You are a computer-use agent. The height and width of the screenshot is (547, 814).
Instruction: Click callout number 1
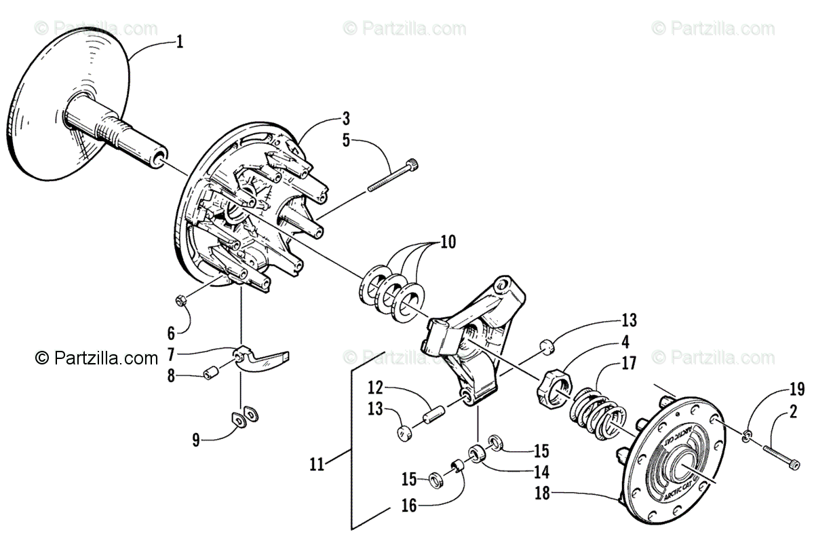[x=179, y=42]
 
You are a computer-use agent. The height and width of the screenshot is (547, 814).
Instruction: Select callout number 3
[x=346, y=120]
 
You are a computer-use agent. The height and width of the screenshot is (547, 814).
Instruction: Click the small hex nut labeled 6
[x=181, y=299]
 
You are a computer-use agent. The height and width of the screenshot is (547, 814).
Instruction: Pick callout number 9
[x=196, y=440]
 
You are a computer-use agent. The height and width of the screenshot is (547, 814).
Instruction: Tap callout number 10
[x=447, y=242]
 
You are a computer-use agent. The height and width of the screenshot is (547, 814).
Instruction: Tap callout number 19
[x=797, y=389]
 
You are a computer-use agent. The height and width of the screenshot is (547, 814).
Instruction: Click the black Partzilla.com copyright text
[x=97, y=358]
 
